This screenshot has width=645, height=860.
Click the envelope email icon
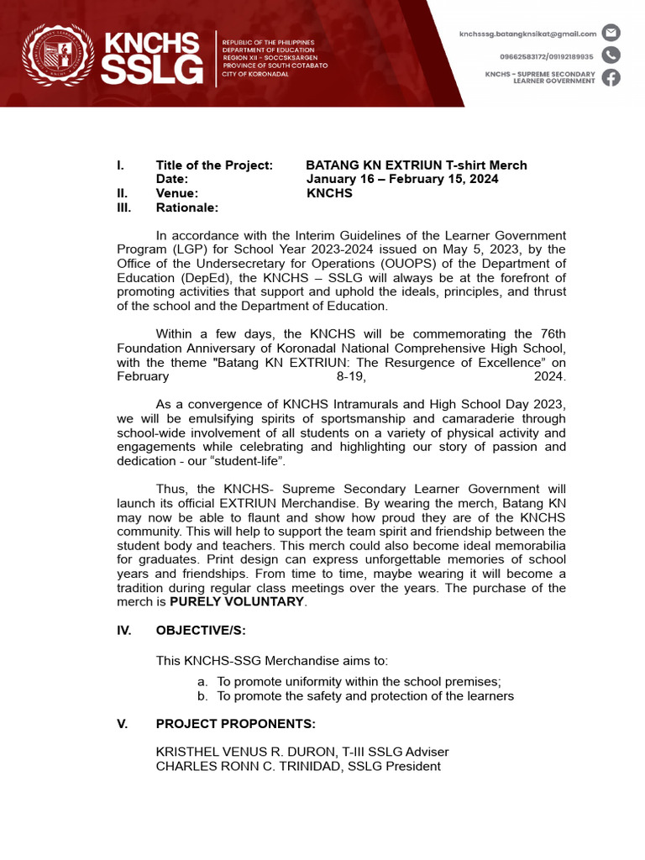(x=611, y=34)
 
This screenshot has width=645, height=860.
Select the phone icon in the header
(x=611, y=55)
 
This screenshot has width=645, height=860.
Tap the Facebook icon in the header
(x=611, y=78)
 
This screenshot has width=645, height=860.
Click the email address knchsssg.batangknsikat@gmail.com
(x=527, y=34)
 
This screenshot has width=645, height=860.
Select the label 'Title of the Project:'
(x=214, y=165)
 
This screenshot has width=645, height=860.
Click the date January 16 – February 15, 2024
(x=401, y=179)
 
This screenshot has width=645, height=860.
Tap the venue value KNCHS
(x=329, y=193)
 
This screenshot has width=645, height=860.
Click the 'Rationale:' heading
(x=186, y=207)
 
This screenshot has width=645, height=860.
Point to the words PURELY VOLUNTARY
(x=236, y=602)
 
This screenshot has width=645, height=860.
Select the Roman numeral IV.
(x=123, y=631)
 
